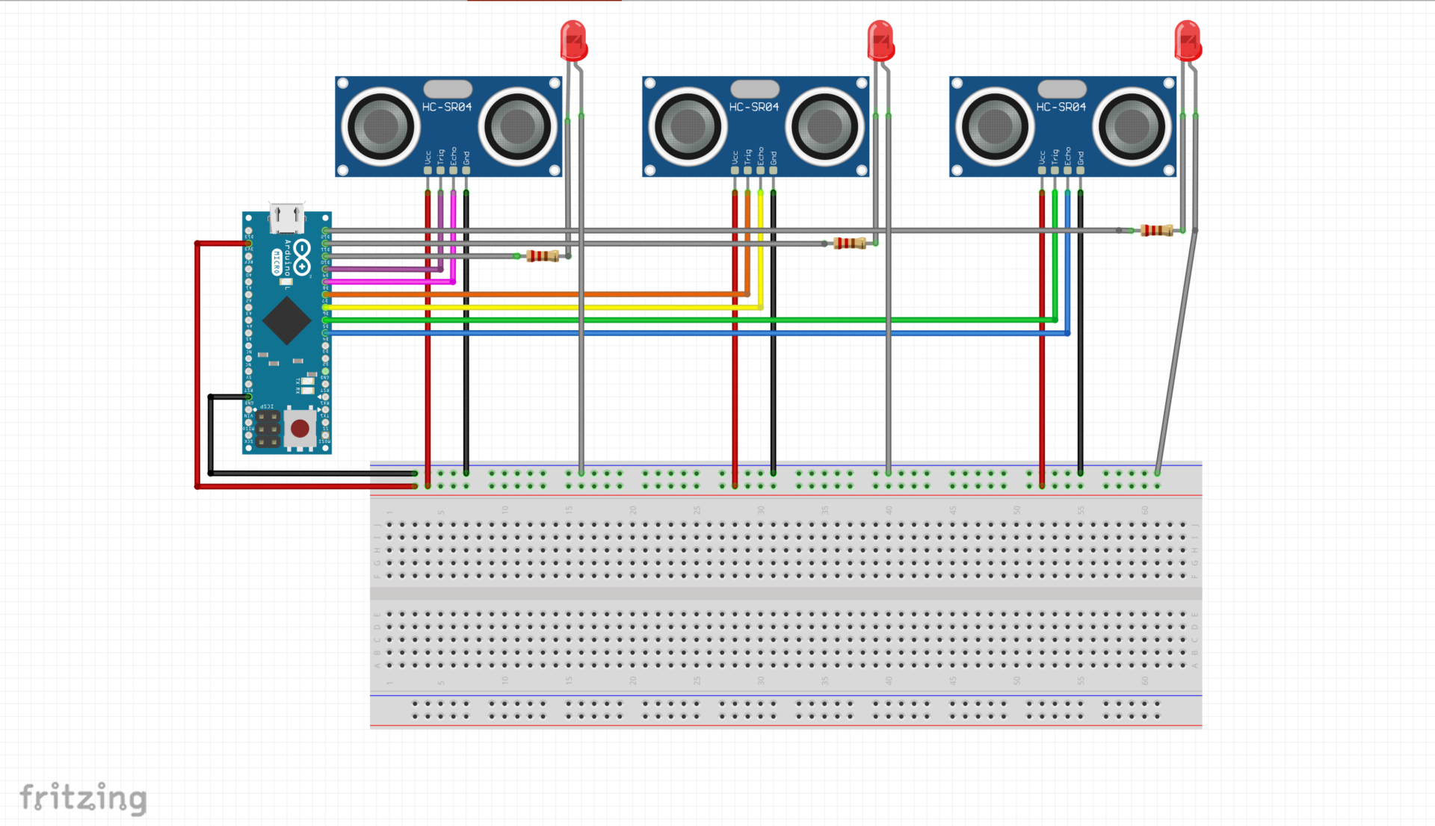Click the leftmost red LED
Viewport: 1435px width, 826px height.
click(x=573, y=41)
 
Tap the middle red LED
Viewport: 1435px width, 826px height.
click(x=880, y=41)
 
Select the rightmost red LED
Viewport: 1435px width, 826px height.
click(x=1188, y=41)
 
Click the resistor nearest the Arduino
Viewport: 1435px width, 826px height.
click(x=542, y=256)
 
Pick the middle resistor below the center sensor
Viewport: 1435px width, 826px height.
click(x=849, y=243)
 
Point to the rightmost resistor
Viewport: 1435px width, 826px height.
click(x=1156, y=231)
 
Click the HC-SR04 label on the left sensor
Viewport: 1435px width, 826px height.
click(x=447, y=108)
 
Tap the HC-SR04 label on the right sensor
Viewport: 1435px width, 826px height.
click(x=1061, y=108)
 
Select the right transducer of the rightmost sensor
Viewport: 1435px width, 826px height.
click(x=1132, y=126)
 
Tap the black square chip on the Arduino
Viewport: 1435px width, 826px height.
click(x=286, y=321)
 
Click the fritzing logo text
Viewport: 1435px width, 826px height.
click(x=83, y=798)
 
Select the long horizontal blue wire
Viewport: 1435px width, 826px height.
click(x=673, y=333)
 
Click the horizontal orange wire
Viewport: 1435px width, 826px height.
click(x=523, y=294)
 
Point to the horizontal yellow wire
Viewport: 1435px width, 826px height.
click(x=523, y=307)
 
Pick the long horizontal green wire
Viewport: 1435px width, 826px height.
click(x=673, y=320)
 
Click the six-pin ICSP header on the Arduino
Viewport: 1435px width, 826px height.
click(x=268, y=429)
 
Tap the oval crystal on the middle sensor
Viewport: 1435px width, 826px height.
click(x=755, y=89)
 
